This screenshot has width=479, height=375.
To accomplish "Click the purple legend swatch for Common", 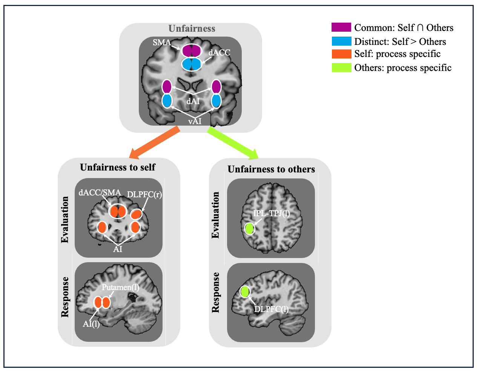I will [x=341, y=27].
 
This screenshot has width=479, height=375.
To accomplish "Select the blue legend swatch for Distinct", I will [x=341, y=41].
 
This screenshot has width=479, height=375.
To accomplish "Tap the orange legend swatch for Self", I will [x=341, y=54].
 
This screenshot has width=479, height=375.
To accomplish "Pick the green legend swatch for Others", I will [x=341, y=68].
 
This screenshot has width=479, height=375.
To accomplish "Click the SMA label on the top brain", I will [x=162, y=42].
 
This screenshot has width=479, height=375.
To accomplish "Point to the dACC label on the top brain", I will [x=219, y=52].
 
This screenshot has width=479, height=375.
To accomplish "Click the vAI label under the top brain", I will [x=195, y=121].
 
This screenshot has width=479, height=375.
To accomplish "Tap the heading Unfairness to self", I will [x=118, y=167].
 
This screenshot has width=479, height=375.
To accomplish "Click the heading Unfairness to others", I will [x=271, y=169].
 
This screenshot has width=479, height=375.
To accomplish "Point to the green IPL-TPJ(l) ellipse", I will [x=249, y=229].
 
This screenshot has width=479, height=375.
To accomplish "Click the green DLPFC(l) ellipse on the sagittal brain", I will [x=245, y=291].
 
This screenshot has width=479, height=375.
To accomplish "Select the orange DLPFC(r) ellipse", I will [x=136, y=214].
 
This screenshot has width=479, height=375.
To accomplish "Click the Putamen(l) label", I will [x=120, y=287].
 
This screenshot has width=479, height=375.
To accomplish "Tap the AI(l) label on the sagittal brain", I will [x=91, y=324].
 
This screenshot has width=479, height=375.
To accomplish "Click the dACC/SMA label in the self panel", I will [x=100, y=193].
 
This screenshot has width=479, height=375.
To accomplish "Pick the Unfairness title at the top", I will [x=192, y=29].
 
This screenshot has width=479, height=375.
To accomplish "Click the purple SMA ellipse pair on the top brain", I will [x=192, y=51].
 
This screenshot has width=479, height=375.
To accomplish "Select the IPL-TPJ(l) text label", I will [x=271, y=213].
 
